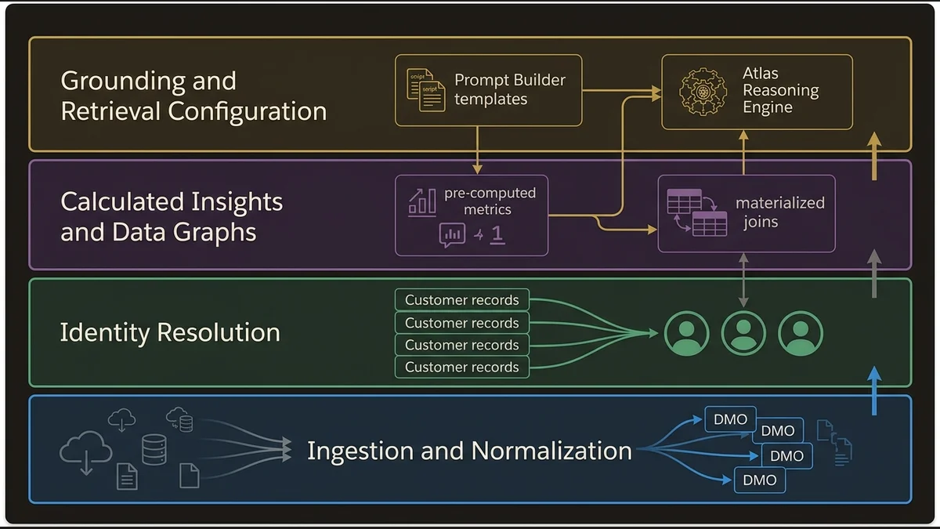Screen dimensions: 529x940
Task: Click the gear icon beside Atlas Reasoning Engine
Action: tap(703, 91)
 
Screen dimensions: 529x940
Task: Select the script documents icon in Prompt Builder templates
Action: tap(425, 90)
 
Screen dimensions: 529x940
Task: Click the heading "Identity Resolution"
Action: tap(170, 332)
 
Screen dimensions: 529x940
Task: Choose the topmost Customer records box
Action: tap(461, 300)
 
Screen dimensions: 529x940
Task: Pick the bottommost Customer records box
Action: tap(461, 367)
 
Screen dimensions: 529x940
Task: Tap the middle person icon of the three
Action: tap(743, 333)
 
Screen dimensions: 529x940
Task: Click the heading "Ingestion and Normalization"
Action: tap(469, 451)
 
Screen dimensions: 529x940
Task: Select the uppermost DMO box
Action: tap(730, 419)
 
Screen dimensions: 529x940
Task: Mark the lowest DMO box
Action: tap(759, 480)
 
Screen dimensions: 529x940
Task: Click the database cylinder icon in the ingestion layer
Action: tap(154, 450)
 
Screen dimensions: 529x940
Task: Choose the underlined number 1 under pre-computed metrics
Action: tap(497, 234)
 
